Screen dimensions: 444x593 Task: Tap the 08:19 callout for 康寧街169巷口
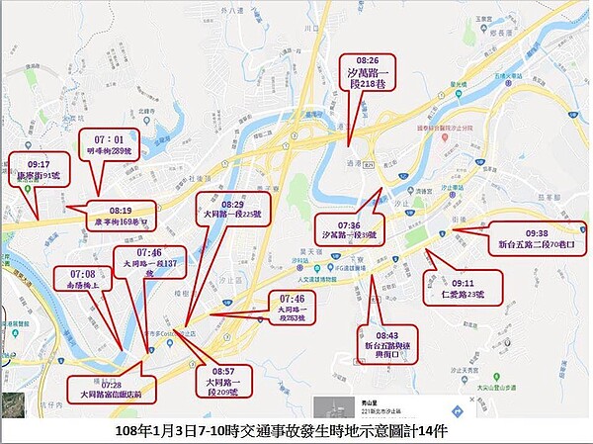coord(121,215)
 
